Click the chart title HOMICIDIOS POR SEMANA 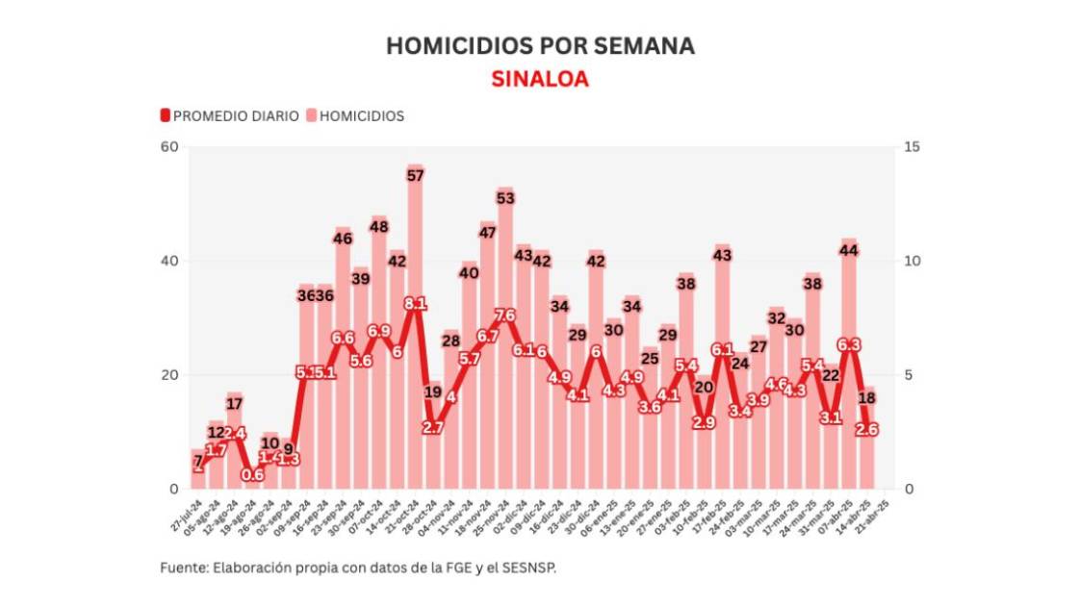pyautogui.click(x=539, y=46)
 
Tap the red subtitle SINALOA pyautogui.click(x=539, y=79)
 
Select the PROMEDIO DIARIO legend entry pyautogui.click(x=230, y=115)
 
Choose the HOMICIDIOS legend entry pyautogui.click(x=355, y=115)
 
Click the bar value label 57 pyautogui.click(x=415, y=175)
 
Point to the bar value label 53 pyautogui.click(x=505, y=198)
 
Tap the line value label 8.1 pyautogui.click(x=415, y=304)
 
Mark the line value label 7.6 pyautogui.click(x=505, y=316)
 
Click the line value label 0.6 pyautogui.click(x=252, y=474)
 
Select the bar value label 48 pyautogui.click(x=378, y=227)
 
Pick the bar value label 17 pyautogui.click(x=234, y=403)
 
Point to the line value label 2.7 pyautogui.click(x=433, y=427)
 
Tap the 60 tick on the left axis pyautogui.click(x=170, y=146)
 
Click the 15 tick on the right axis pyautogui.click(x=913, y=146)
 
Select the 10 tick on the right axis pyautogui.click(x=913, y=261)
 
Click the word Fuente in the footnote pyautogui.click(x=182, y=568)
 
